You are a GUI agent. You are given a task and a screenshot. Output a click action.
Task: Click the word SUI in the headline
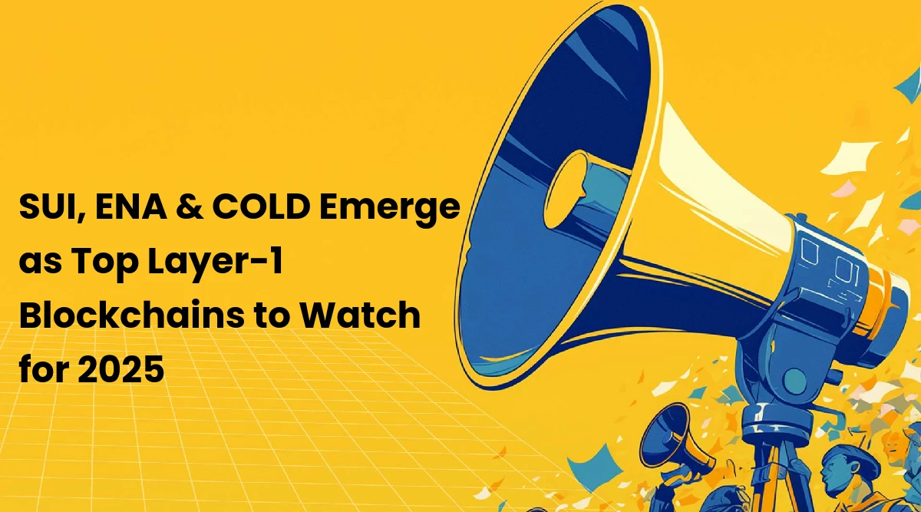click(49, 206)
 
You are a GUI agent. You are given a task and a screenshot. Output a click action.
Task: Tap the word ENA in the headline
click(130, 206)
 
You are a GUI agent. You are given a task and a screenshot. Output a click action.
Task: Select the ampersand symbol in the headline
click(189, 206)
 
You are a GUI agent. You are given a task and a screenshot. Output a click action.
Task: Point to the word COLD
click(261, 206)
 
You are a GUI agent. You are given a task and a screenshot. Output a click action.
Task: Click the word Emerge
click(389, 210)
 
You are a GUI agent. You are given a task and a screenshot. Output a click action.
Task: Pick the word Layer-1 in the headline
click(216, 263)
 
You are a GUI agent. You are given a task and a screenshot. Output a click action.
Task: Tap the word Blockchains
click(131, 315)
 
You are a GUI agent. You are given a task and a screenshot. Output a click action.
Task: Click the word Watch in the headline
click(359, 315)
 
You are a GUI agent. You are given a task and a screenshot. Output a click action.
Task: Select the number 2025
click(121, 369)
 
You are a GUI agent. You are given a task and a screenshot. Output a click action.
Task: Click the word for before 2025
click(44, 369)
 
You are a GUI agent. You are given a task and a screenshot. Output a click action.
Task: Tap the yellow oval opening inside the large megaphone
click(566, 189)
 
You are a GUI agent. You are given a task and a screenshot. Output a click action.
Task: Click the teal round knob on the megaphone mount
click(795, 381)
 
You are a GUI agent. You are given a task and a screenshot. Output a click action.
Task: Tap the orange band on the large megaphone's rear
click(879, 300)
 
